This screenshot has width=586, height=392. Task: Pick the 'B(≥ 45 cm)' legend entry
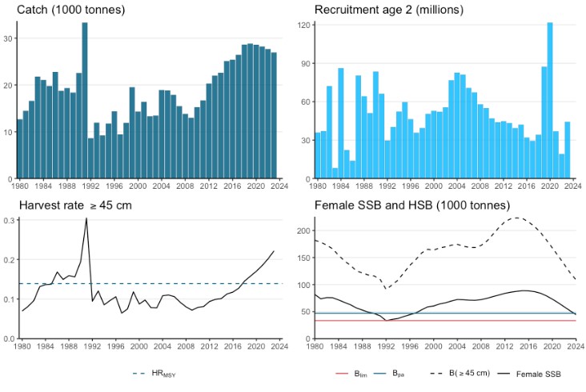(464, 373)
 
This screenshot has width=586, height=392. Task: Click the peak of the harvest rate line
(86, 218)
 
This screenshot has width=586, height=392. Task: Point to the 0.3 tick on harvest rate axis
(7, 220)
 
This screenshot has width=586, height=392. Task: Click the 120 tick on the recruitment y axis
(303, 25)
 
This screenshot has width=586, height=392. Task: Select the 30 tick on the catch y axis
(8, 38)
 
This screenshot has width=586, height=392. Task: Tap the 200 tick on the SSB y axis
(303, 231)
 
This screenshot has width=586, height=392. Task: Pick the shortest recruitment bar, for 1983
(333, 174)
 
